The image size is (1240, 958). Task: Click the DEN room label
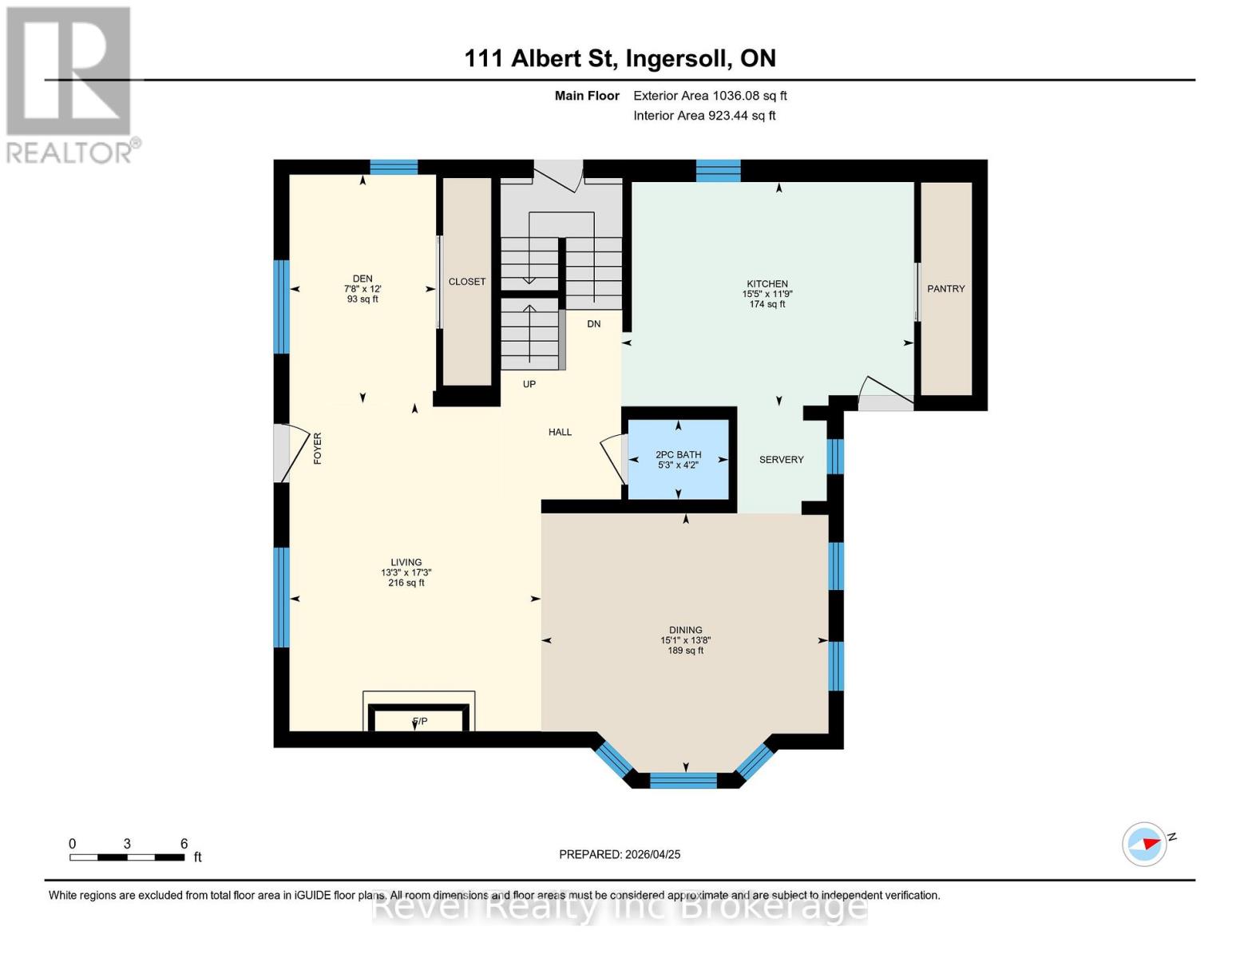[362, 279]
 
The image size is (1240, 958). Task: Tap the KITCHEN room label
[767, 283]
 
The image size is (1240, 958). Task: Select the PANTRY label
[945, 289]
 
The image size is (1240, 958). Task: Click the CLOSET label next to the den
[466, 282]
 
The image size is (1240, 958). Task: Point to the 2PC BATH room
[678, 459]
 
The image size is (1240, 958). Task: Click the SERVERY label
[781, 460]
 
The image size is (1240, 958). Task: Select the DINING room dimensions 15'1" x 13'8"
[685, 640]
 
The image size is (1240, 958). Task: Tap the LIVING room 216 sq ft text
[406, 584]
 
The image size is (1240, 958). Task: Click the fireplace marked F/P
[419, 721]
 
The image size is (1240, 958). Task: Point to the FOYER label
[317, 449]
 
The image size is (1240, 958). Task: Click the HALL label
[560, 432]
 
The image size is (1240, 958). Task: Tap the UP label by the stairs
[529, 384]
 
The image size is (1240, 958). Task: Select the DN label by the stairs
[593, 324]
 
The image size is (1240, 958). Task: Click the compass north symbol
[1145, 844]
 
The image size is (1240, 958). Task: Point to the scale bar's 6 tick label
[184, 844]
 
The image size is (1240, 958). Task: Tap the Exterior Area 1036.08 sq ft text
[710, 96]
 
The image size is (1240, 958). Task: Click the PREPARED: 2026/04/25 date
[620, 854]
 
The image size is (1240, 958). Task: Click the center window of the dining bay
[683, 780]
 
